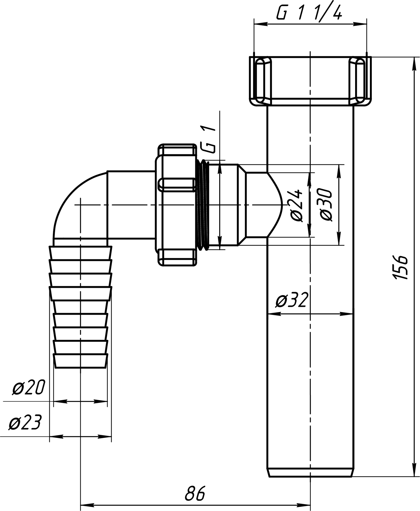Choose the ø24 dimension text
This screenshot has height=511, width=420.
(x=297, y=206)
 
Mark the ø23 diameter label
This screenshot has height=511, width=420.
(x=25, y=423)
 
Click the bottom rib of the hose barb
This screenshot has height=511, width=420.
(x=80, y=361)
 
